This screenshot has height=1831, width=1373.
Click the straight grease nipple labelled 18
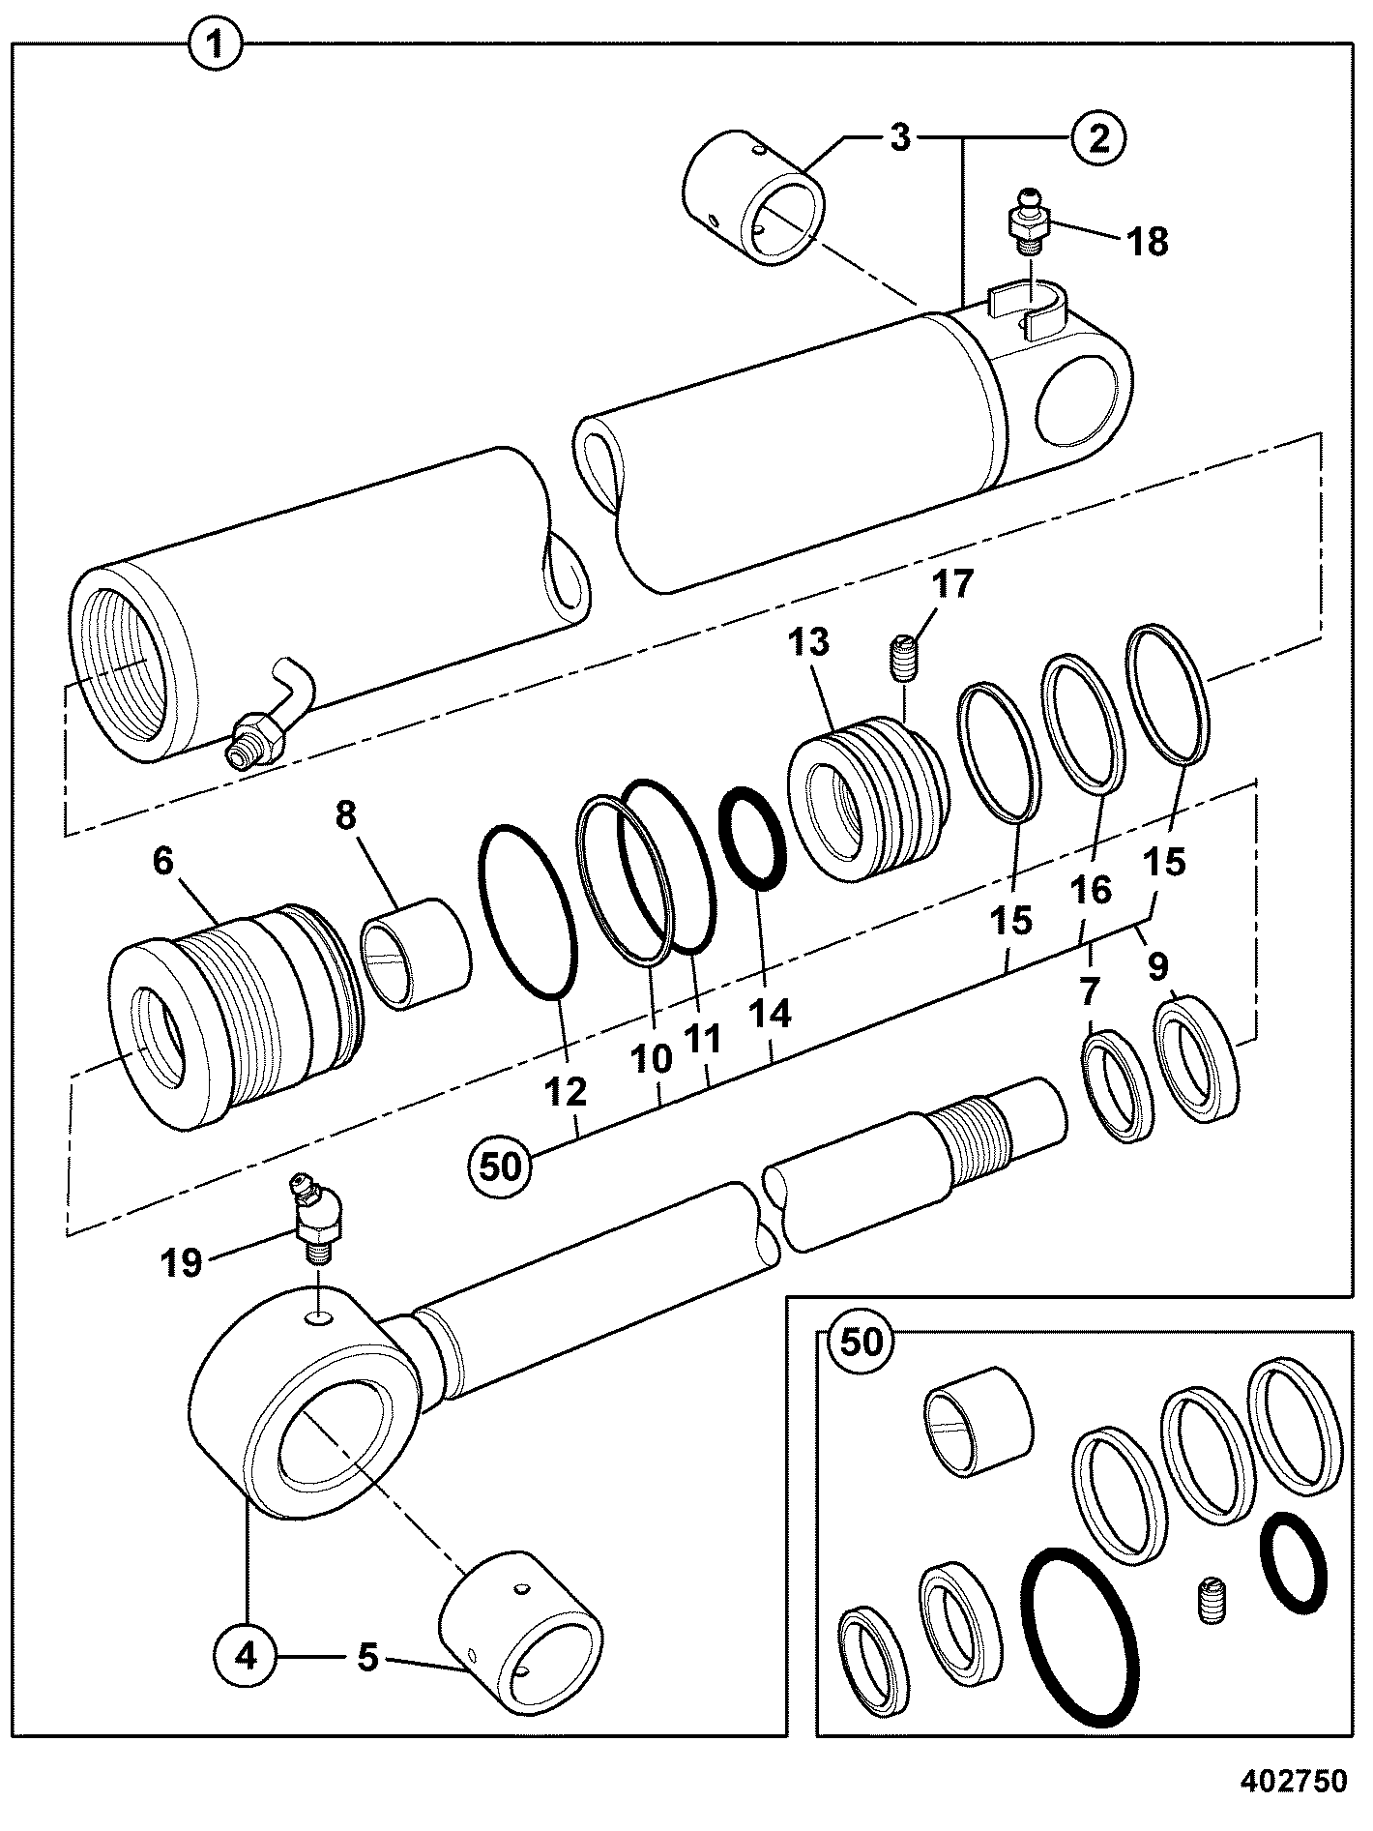click(1033, 219)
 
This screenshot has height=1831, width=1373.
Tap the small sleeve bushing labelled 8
click(416, 953)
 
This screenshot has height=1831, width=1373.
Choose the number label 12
click(567, 1093)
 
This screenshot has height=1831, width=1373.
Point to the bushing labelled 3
click(754, 193)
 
